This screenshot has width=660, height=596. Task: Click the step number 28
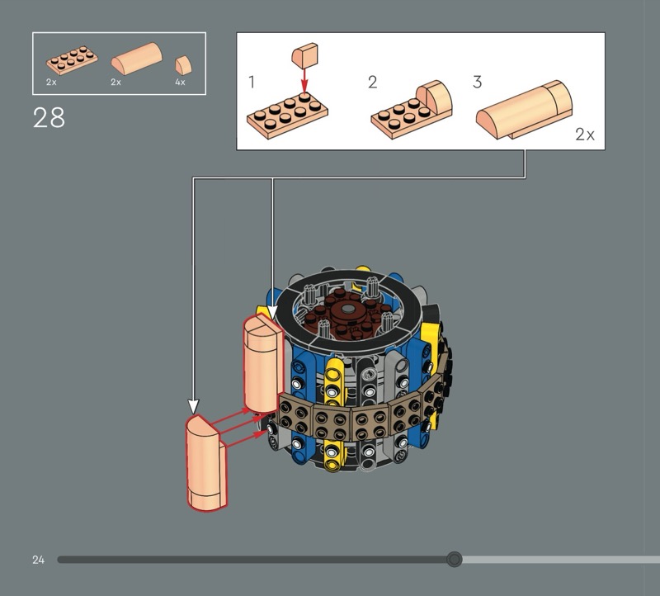click(49, 117)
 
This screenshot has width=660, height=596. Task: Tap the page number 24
click(38, 560)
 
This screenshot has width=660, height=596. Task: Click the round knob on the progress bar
click(455, 560)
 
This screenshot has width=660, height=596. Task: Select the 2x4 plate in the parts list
click(72, 60)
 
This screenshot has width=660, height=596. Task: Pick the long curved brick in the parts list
click(136, 59)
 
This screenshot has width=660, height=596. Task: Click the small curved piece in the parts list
click(183, 65)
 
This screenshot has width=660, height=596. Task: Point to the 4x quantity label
click(180, 82)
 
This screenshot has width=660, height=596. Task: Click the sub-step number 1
click(252, 82)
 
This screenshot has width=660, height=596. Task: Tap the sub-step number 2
click(373, 82)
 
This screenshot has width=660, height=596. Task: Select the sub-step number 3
click(477, 82)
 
